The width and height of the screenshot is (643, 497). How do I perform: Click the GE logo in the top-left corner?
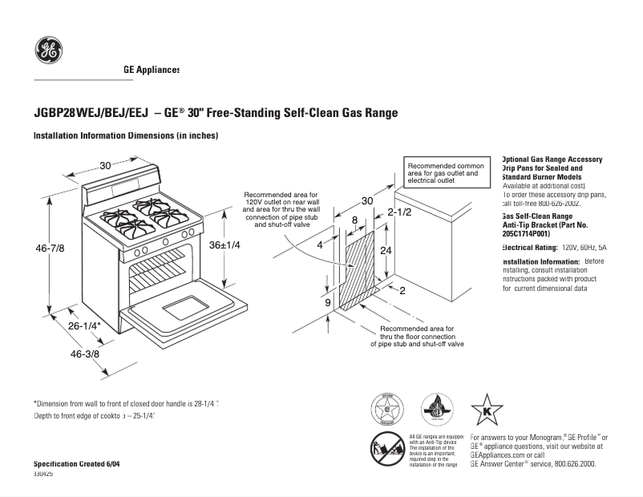49,51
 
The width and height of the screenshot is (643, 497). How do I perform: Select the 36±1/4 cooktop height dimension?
224,245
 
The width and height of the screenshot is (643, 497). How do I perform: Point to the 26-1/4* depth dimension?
83,326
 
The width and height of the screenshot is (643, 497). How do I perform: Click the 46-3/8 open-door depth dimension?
85,354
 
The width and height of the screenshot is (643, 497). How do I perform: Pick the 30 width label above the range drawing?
105,166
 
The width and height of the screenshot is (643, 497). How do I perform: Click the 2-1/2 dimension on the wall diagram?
398,212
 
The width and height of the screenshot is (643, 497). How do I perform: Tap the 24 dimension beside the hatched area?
386,251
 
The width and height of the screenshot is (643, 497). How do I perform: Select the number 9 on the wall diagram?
328,302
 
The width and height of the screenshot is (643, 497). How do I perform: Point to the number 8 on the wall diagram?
354,220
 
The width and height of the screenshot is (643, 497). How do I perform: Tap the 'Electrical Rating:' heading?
529,248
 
